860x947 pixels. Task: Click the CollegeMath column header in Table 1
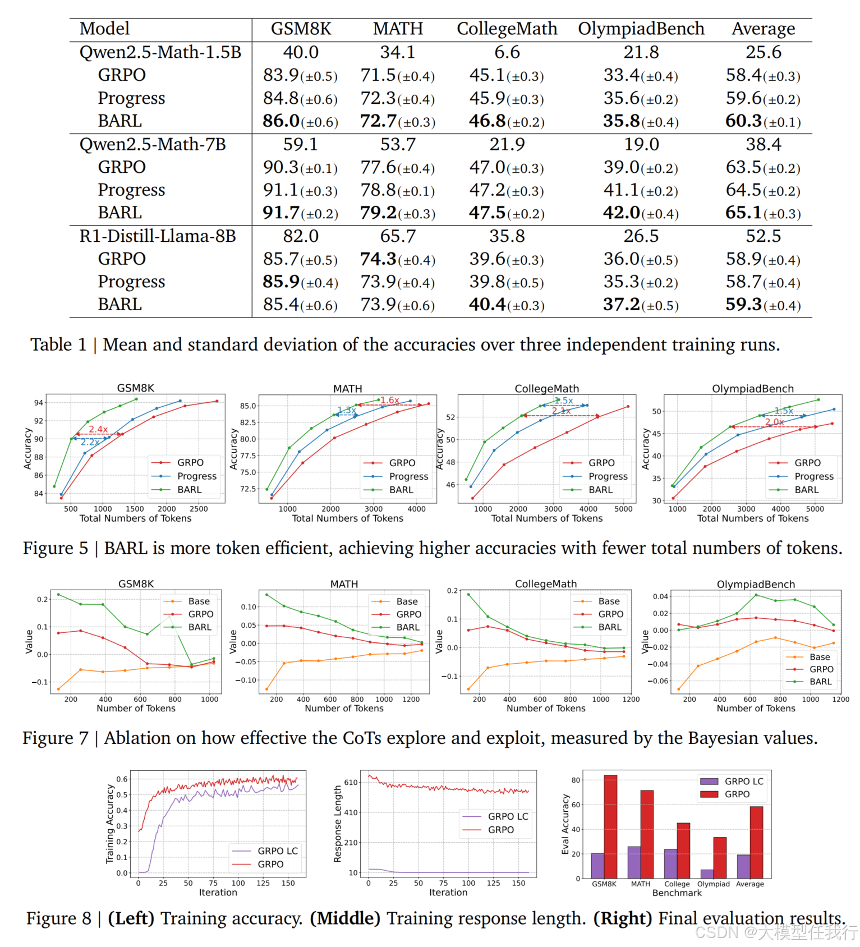[507, 29]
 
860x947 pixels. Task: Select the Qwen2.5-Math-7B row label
[153, 144]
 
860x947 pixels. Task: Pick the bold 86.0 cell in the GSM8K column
[281, 121]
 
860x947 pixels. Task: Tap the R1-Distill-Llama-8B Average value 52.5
[763, 236]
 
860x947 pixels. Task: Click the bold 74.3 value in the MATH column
[379, 259]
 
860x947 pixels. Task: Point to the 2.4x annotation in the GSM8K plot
[98, 429]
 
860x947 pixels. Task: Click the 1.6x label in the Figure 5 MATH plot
[390, 400]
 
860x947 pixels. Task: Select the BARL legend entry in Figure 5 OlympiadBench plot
[806, 490]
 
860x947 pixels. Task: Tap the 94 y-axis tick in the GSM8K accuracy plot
[39, 403]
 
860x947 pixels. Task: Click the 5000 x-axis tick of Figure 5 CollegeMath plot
[623, 509]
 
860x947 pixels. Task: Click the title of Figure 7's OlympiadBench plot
[756, 584]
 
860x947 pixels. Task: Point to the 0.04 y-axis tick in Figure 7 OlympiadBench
[660, 596]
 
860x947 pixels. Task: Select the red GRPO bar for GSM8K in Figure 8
[610, 826]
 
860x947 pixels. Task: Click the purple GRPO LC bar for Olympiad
[707, 874]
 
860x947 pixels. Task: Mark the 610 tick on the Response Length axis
[351, 782]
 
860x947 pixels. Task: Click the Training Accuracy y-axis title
[110, 824]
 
